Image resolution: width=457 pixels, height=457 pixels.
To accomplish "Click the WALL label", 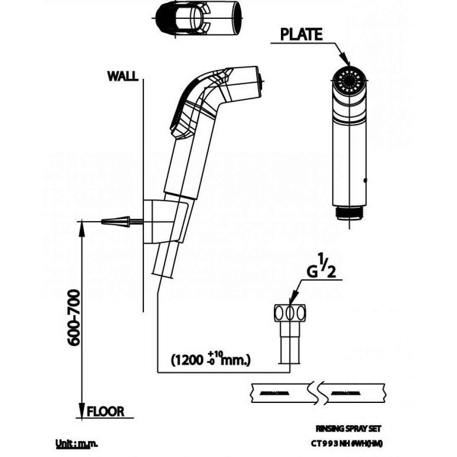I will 122,76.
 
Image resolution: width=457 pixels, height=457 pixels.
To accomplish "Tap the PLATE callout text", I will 301,35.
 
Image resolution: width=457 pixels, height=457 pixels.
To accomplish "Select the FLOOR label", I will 105,411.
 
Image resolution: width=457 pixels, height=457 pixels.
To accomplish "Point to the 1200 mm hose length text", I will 211,360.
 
